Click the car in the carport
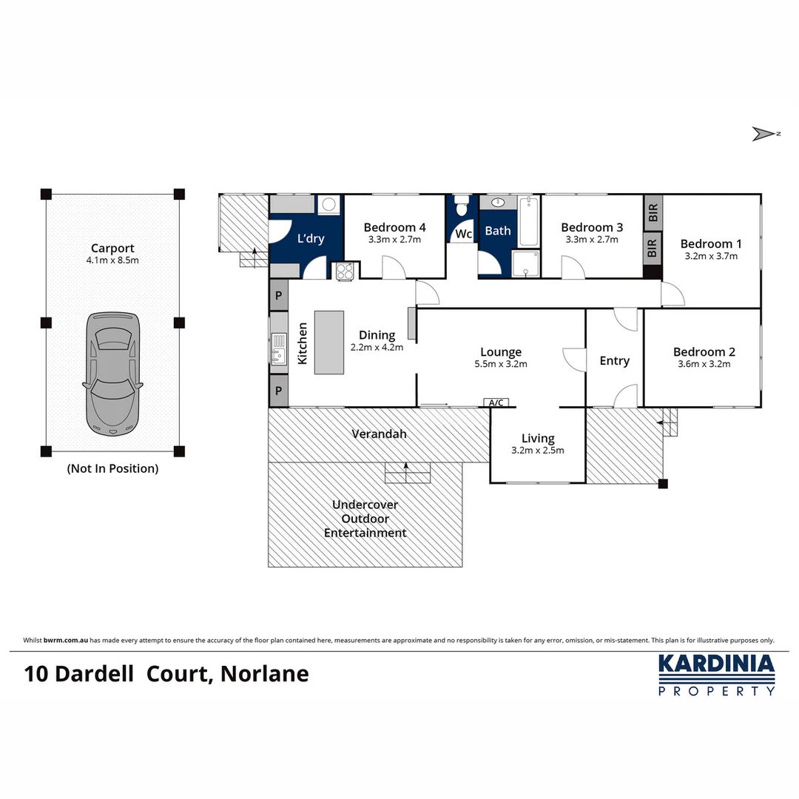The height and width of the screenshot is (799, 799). click(x=112, y=372)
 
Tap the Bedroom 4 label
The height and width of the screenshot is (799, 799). click(x=394, y=227)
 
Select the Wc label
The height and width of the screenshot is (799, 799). click(x=463, y=234)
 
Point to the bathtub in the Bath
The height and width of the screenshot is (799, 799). click(x=529, y=221)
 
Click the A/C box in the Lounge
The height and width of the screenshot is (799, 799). click(x=496, y=402)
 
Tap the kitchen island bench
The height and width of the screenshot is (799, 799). click(x=329, y=342)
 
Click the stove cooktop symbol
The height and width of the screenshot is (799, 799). click(x=345, y=272)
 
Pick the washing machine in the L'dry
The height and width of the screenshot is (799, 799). click(x=328, y=205)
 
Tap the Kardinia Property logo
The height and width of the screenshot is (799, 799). click(x=716, y=674)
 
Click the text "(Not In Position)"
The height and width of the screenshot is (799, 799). click(x=112, y=468)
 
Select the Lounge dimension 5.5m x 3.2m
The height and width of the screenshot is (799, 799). click(x=501, y=364)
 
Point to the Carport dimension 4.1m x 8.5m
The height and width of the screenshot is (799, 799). click(x=112, y=260)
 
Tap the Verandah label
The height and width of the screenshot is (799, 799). click(x=379, y=434)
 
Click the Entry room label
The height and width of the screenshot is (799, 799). click(x=614, y=360)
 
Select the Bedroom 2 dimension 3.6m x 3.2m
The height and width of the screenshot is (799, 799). click(x=704, y=364)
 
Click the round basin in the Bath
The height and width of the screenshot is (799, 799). click(x=496, y=202)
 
